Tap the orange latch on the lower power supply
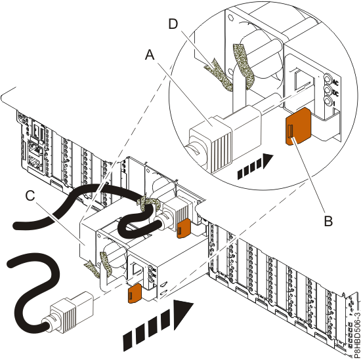coord(134,294)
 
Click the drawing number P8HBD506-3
coord(355,325)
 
